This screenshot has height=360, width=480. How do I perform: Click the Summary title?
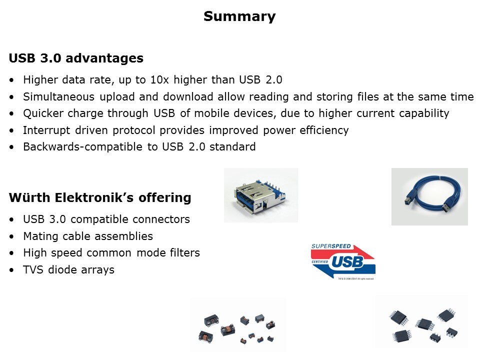coord(239,16)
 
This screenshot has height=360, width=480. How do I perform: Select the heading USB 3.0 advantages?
coord(76,58)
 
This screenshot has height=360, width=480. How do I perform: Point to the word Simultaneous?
coord(59,96)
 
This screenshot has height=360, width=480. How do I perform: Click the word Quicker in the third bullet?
coord(43,113)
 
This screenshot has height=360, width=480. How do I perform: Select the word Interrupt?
coord(46,130)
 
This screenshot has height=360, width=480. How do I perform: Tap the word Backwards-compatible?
coord(82,147)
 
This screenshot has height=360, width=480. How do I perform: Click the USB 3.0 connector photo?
coord(261,195)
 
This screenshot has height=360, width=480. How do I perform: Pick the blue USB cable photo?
coord(429,196)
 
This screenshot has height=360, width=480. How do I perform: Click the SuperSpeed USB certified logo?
coord(343,261)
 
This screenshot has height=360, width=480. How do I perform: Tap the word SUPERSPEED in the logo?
coord(331,246)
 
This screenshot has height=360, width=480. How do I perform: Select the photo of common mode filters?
coord(238,324)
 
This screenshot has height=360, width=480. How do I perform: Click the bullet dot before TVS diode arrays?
coord(11,270)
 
